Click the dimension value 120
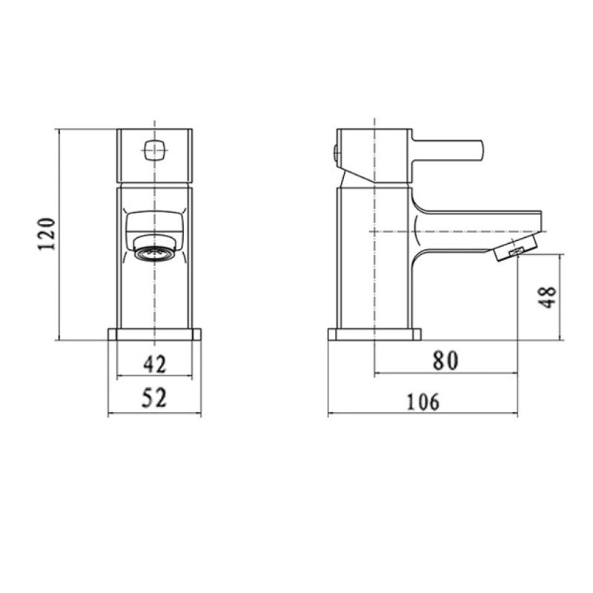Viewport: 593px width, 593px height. (x=47, y=234)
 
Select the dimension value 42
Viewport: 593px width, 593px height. (x=154, y=364)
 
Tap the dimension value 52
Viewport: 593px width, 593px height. (x=154, y=398)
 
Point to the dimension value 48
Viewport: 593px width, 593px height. (x=548, y=297)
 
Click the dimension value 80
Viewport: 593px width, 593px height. (x=445, y=360)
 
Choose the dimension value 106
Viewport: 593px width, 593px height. (x=423, y=401)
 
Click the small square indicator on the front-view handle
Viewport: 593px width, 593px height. (x=154, y=151)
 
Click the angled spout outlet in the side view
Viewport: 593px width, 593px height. (x=513, y=249)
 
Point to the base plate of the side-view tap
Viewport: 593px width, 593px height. (x=374, y=334)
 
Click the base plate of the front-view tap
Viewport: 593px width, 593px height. (x=154, y=334)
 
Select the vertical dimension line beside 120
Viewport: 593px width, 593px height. (x=59, y=234)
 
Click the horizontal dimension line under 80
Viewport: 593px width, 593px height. (x=445, y=374)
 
